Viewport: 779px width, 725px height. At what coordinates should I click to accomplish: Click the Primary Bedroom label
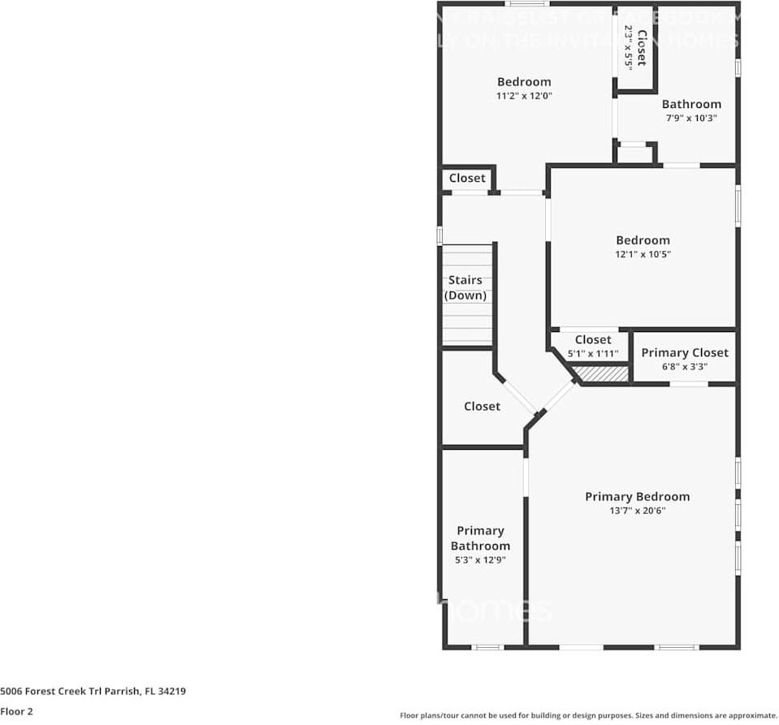click(637, 497)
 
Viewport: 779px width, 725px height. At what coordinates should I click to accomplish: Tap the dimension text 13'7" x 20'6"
click(637, 511)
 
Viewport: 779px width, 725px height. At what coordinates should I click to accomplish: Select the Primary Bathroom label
click(480, 538)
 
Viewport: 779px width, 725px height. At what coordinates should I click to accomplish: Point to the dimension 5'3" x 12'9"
click(480, 559)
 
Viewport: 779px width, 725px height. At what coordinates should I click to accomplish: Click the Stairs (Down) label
click(465, 288)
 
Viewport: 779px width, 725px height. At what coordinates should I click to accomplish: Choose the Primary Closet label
click(685, 352)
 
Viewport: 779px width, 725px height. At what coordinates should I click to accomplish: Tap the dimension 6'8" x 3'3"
click(685, 366)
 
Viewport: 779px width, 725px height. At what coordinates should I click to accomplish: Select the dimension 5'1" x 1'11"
click(593, 354)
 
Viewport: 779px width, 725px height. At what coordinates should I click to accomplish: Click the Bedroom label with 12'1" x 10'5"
click(643, 240)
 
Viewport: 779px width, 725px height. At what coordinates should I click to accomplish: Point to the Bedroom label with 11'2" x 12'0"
click(524, 81)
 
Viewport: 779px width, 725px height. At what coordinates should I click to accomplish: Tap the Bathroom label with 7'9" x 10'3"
click(691, 104)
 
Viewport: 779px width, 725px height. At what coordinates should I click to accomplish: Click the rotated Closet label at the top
click(642, 47)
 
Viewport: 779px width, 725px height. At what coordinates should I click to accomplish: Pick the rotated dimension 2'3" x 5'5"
click(628, 47)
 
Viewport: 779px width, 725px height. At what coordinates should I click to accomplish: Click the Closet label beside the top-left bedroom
click(467, 178)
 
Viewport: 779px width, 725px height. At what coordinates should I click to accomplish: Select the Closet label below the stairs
click(482, 406)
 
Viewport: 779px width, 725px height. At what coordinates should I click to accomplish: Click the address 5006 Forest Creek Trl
click(93, 692)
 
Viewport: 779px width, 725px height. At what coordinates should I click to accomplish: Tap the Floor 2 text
click(16, 711)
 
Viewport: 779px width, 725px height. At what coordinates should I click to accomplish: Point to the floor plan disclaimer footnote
click(588, 715)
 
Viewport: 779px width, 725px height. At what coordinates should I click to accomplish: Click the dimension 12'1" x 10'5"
click(643, 254)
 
